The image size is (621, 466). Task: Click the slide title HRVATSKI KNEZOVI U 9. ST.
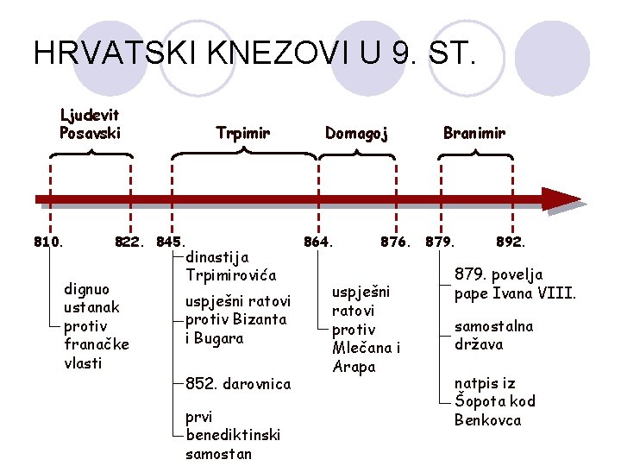254,53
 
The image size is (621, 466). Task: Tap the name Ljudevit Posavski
90,123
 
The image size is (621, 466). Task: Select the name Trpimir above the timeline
243,133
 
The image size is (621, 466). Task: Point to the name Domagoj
356,133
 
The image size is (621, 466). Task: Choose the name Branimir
474,133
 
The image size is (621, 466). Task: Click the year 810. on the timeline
48,242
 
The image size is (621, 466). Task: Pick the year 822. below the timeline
129,242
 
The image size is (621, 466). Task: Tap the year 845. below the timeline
171,242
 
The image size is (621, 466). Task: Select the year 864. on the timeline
318,242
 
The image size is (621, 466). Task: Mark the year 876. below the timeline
396,242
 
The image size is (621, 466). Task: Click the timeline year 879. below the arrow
440,242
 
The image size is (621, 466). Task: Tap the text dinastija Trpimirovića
230,266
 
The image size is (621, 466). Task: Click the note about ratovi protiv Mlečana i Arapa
366,329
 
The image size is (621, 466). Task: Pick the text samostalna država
494,335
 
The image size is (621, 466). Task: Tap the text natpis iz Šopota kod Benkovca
494,400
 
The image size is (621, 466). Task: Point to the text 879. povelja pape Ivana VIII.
515,283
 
